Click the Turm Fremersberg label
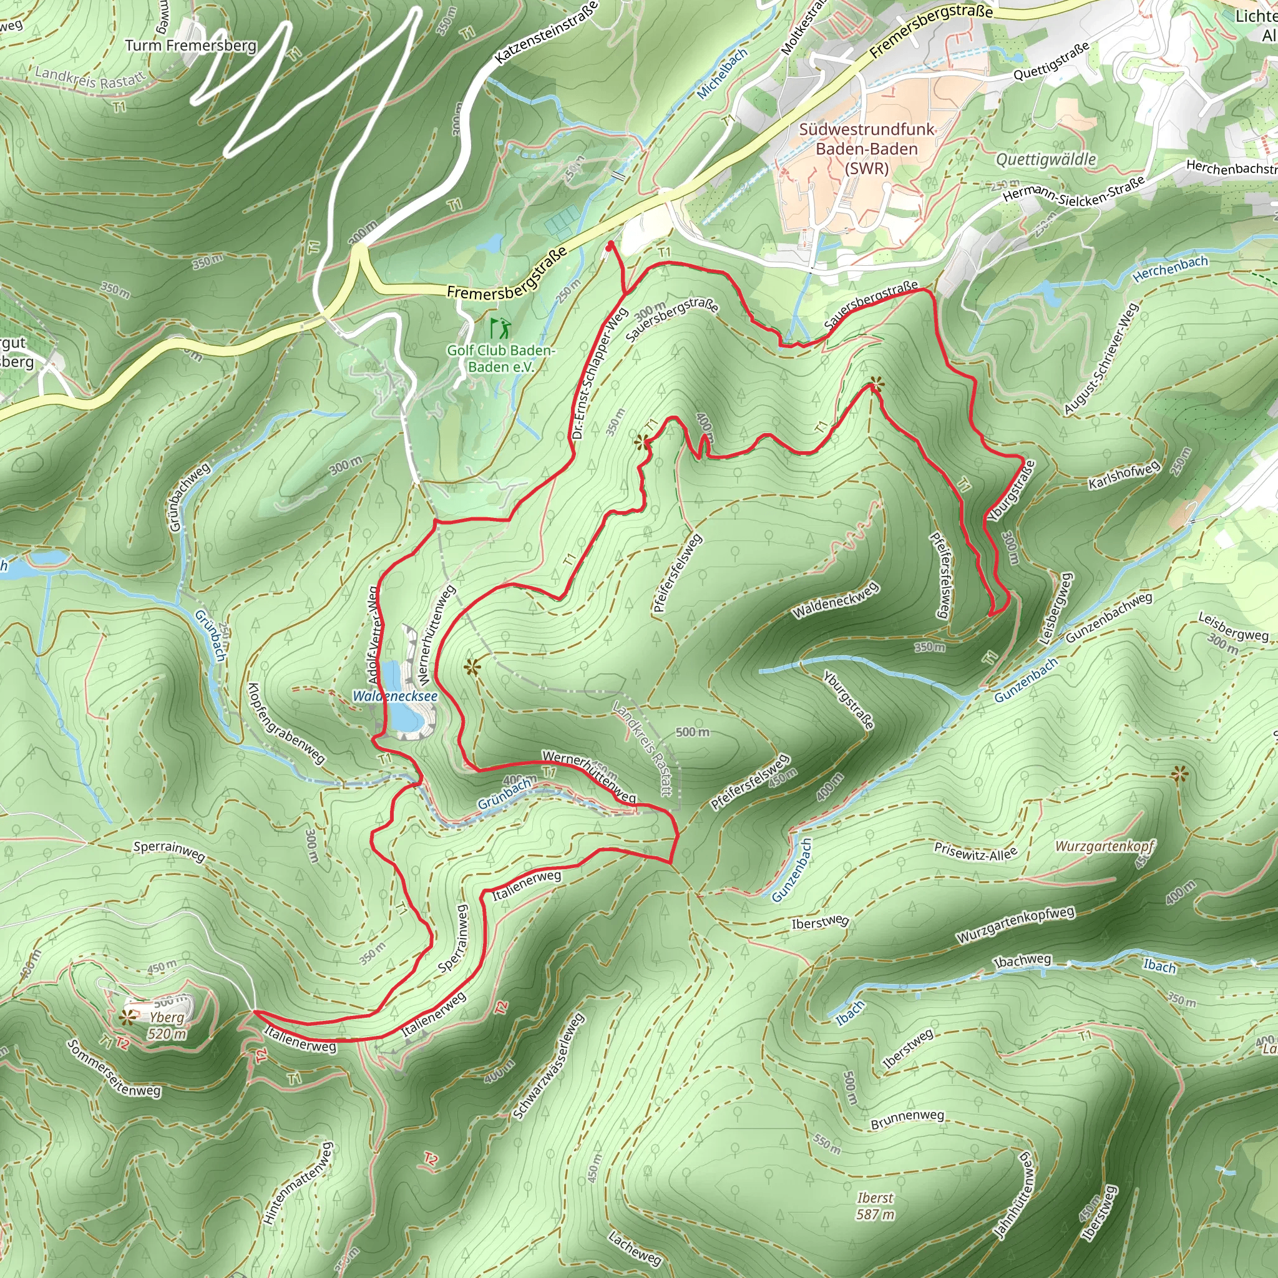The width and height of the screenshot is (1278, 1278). pos(190,46)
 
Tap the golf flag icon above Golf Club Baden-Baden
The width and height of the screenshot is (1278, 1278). pos(500,328)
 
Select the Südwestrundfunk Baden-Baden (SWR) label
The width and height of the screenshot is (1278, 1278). pos(867,149)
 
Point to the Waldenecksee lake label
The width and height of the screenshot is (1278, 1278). pos(395,696)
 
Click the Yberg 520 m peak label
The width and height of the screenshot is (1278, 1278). pos(167,1026)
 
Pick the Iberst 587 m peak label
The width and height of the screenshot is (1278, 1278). pos(874,1206)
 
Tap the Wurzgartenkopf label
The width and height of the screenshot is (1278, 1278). pos(1104,846)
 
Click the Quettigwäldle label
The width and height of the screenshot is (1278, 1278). pos(1046,159)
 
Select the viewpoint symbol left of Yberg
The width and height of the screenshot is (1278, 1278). pos(127,1017)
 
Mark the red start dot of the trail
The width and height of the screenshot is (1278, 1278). pos(609,245)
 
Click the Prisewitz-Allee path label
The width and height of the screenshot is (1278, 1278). pos(975,852)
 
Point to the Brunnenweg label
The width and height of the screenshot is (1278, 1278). pos(907,1119)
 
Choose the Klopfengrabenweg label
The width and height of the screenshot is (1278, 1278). pos(285,723)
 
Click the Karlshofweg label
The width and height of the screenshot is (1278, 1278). pos(1124,475)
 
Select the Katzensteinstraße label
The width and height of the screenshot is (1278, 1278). pos(547,32)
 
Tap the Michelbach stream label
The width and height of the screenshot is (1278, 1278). pos(722,74)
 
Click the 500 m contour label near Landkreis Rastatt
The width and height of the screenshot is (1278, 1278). pos(692,731)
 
